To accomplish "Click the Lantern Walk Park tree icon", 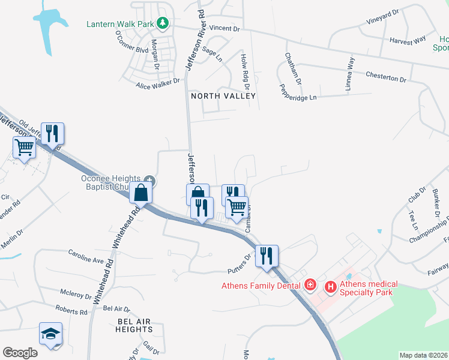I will coord(161,23).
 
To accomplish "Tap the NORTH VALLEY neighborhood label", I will coord(223,96).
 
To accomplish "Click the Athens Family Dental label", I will coord(261,285).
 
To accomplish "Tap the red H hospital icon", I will coord(330,287).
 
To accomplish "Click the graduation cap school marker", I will coord(50,334).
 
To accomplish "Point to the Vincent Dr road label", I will coord(225,28).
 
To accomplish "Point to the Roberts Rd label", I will coord(71,311).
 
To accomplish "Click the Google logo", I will coord(20,352).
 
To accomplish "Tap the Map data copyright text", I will coord(423,355).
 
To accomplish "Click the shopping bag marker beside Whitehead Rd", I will coord(140,193).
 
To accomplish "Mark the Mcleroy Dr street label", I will coord(76,295).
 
